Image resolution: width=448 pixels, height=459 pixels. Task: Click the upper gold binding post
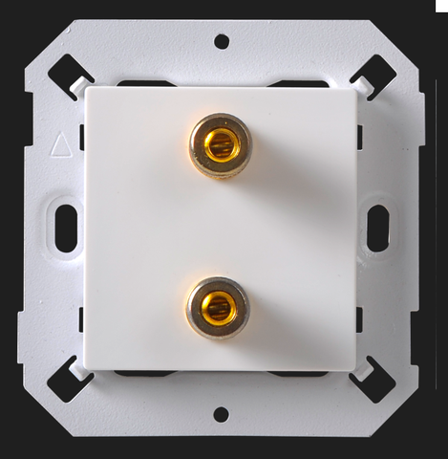(x=219, y=146)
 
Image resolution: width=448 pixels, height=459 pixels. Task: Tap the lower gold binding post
(x=218, y=307)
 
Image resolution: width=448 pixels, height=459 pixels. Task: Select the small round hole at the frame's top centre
(x=222, y=41)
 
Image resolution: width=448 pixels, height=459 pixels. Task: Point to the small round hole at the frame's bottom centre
(x=222, y=414)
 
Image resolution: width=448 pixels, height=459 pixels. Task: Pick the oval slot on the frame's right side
(x=378, y=229)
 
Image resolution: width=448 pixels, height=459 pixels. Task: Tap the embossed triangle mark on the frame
(x=60, y=145)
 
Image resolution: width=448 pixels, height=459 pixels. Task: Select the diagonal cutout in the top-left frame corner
(x=71, y=77)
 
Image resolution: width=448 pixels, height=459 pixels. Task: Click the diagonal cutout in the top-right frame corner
(x=373, y=77)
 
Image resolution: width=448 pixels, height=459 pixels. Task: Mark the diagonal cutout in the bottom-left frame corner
(x=71, y=380)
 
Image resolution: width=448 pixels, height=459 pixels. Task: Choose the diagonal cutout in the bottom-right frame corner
(x=372, y=380)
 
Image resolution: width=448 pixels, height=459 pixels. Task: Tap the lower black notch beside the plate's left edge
(x=82, y=319)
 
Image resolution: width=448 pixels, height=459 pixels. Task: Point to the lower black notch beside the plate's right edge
(x=359, y=319)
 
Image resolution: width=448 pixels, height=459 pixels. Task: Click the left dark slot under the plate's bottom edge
(x=143, y=372)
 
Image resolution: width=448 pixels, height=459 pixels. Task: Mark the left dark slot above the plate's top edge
(x=143, y=85)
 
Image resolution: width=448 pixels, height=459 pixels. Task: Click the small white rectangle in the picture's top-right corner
(x=441, y=5)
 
